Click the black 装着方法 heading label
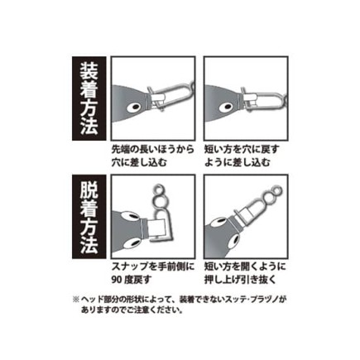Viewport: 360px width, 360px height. [x=89, y=98]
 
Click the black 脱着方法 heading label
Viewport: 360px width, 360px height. [x=89, y=216]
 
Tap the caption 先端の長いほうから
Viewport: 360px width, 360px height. [x=152, y=150]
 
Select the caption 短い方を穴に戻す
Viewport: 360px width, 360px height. [x=242, y=150]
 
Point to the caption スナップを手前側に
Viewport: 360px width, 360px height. [x=153, y=266]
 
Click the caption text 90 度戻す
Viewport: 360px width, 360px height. [x=132, y=280]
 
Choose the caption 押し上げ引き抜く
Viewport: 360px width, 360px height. [x=240, y=280]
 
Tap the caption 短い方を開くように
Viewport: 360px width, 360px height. [x=245, y=266]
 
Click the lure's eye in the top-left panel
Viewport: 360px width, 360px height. [x=135, y=108]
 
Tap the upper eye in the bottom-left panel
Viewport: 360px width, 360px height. [x=130, y=215]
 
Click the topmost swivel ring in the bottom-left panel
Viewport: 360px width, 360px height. [x=158, y=190]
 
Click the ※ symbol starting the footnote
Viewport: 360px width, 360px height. [x=75, y=300]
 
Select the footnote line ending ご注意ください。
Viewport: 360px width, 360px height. [x=132, y=310]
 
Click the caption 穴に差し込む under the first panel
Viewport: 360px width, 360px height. [x=139, y=162]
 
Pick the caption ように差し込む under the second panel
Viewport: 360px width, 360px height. [x=237, y=162]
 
